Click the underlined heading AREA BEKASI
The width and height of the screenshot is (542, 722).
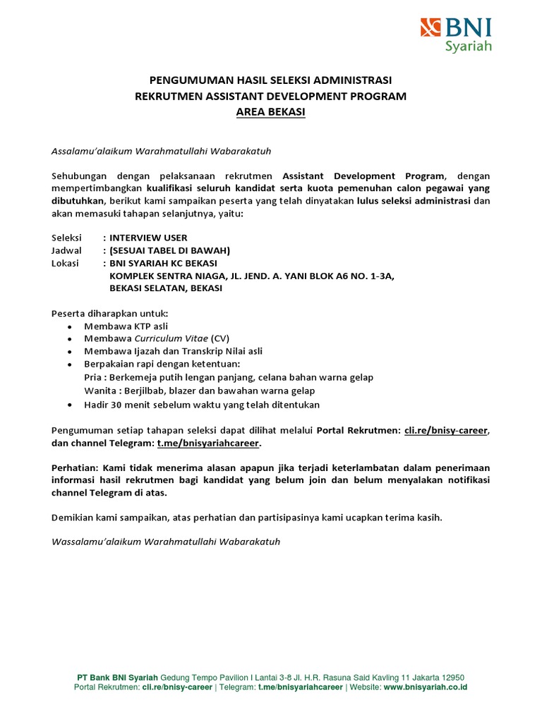pos(271,113)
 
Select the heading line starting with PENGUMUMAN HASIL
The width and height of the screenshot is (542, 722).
pos(271,79)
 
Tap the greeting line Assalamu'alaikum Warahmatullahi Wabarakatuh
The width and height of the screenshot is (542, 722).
pos(162,151)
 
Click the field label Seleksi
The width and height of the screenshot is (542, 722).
pos(67,238)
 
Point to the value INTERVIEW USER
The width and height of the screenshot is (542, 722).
pos(148,238)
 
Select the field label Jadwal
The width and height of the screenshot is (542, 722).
pos(67,250)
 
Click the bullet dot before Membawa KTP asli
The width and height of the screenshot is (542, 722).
pos(68,326)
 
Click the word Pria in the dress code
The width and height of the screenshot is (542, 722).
pos(92,377)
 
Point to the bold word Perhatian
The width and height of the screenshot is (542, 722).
pos(76,467)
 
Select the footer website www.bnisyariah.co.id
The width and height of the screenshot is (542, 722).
pos(426,687)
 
